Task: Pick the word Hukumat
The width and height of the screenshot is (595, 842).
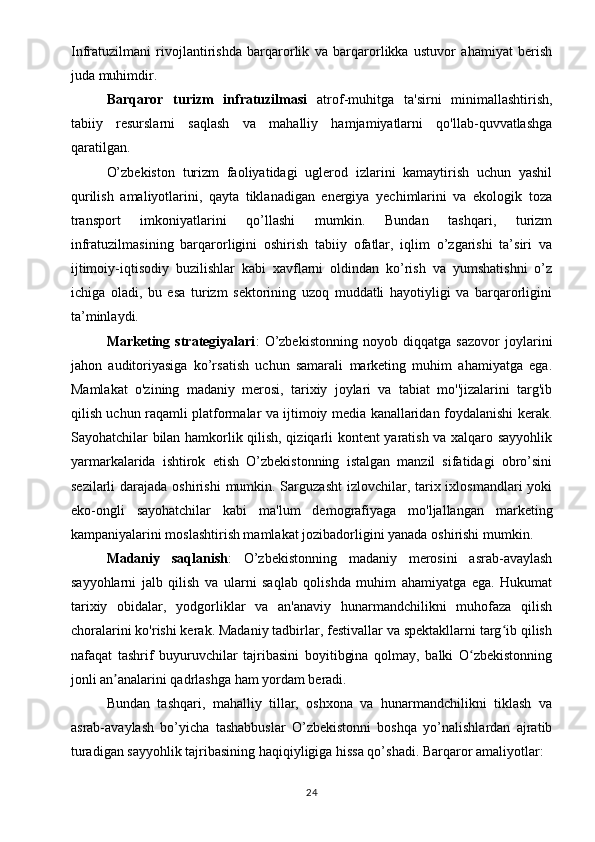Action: pos(522,577)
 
